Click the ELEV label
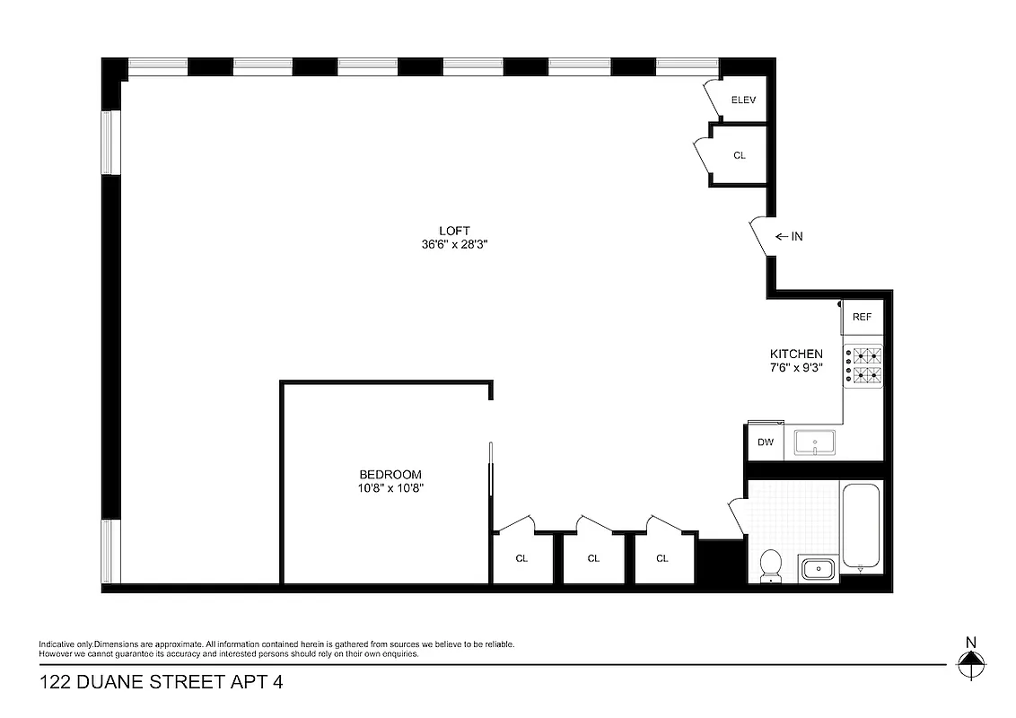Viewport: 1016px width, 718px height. (744, 101)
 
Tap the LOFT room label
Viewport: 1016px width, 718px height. (454, 231)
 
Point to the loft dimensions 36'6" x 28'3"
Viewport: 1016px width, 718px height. (454, 244)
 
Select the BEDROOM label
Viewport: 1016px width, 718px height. (390, 475)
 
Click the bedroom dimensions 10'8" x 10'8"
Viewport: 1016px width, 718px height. (390, 488)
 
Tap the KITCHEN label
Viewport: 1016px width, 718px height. (796, 354)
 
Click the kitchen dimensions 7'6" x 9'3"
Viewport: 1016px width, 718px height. (796, 367)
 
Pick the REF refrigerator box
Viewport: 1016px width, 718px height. (863, 317)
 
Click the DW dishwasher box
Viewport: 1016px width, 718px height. (766, 442)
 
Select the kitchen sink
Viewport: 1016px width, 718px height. (814, 442)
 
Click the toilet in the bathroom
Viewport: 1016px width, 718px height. (770, 565)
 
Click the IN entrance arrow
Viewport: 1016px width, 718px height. (789, 237)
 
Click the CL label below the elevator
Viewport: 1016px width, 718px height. (740, 155)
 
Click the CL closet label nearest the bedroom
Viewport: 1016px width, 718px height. (521, 558)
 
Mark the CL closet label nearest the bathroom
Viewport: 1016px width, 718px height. (662, 558)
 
